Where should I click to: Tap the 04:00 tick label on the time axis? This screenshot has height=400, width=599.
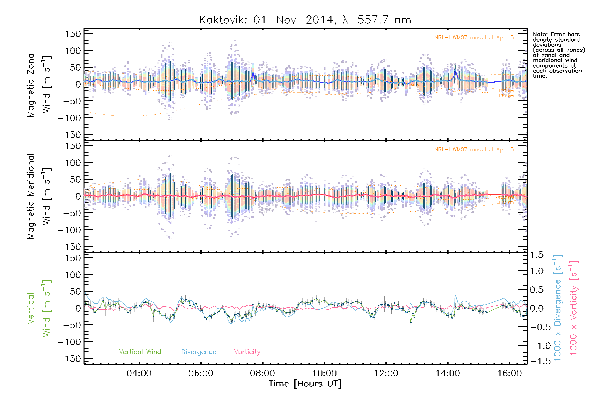coord(139,373)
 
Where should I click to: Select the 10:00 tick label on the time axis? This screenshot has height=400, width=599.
coord(324,373)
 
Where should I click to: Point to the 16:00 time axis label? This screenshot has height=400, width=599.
coord(509,373)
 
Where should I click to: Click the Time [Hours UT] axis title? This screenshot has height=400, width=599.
coord(305,384)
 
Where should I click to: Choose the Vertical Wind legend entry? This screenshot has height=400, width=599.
coord(140,352)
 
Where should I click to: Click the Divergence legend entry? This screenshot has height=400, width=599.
coord(199,352)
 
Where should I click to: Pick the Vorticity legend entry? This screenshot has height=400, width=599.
coord(247,352)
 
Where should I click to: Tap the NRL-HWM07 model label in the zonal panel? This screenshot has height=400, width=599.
coord(474,37)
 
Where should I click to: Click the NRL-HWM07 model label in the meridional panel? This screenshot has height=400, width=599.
coord(474,149)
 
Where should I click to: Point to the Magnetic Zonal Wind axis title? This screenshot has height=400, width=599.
coord(39,84)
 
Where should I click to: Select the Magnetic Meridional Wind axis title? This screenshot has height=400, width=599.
coord(39,196)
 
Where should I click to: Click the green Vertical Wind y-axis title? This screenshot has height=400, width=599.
coord(39,308)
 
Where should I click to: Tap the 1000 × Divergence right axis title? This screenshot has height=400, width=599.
coord(557,308)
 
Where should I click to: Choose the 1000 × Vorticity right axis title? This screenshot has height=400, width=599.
coord(573,308)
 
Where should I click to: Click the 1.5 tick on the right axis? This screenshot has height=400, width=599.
coord(536,255)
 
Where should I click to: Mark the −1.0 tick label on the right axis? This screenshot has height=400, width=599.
coord(536,346)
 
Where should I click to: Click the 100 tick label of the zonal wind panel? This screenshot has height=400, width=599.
coord(73,51)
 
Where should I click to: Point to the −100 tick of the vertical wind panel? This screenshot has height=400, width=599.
coord(69,342)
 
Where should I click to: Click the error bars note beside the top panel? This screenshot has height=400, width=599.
coord(559,55)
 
